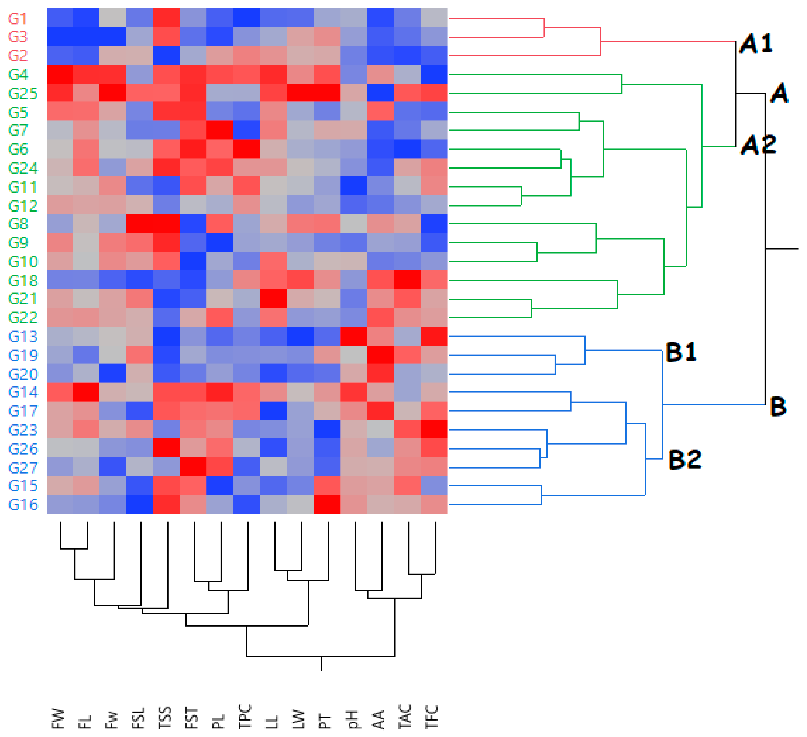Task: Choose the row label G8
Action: pyautogui.click(x=18, y=224)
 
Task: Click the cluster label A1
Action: pyautogui.click(x=756, y=43)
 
